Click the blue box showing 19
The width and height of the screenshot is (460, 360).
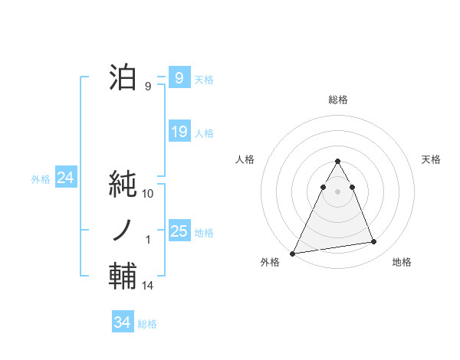click(x=179, y=132)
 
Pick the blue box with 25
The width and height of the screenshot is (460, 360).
click(x=179, y=231)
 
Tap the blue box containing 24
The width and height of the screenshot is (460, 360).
click(x=65, y=178)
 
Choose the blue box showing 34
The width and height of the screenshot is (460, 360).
click(x=123, y=322)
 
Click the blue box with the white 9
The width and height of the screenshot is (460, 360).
click(x=179, y=78)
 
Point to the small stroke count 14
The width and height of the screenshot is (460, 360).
click(x=149, y=286)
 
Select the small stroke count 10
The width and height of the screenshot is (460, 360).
click(x=149, y=194)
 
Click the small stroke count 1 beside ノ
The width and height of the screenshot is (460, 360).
click(x=149, y=240)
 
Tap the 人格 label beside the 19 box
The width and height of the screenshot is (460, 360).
click(x=204, y=133)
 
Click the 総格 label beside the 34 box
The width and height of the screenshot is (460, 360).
click(x=147, y=323)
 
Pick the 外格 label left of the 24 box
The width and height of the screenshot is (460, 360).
click(x=41, y=179)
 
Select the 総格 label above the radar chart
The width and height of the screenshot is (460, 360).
click(x=337, y=100)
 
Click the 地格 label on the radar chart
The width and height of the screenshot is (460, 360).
click(x=402, y=262)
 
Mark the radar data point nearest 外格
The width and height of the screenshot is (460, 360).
click(x=293, y=253)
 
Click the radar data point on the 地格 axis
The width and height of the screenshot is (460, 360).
click(x=374, y=242)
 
